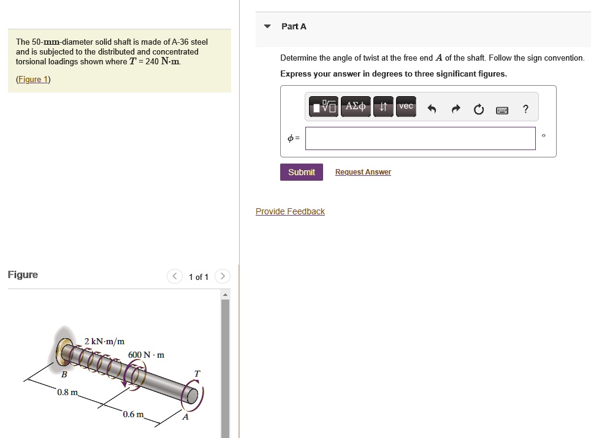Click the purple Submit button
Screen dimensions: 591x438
pyautogui.click(x=302, y=172)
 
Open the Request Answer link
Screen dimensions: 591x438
pyautogui.click(x=363, y=172)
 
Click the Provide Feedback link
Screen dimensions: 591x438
pyautogui.click(x=290, y=211)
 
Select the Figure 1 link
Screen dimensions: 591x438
pyautogui.click(x=33, y=79)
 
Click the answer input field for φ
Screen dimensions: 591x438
pyautogui.click(x=420, y=138)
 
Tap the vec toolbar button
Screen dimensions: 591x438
pyautogui.click(x=406, y=107)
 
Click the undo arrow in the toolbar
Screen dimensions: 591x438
pyautogui.click(x=432, y=109)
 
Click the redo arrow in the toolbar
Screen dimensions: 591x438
pyautogui.click(x=456, y=109)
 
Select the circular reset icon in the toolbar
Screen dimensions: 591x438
pyautogui.click(x=479, y=109)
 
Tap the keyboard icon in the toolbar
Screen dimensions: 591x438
pyautogui.click(x=502, y=110)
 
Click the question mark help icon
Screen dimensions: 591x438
pyautogui.click(x=526, y=109)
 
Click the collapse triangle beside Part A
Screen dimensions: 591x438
pyautogui.click(x=267, y=26)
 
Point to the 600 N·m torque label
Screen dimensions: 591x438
pyautogui.click(x=147, y=355)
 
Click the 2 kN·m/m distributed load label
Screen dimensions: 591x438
pyautogui.click(x=104, y=341)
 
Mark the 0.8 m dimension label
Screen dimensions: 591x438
pyautogui.click(x=68, y=392)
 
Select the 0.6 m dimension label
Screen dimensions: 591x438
pyautogui.click(x=134, y=414)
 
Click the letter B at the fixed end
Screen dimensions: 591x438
pyautogui.click(x=64, y=374)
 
